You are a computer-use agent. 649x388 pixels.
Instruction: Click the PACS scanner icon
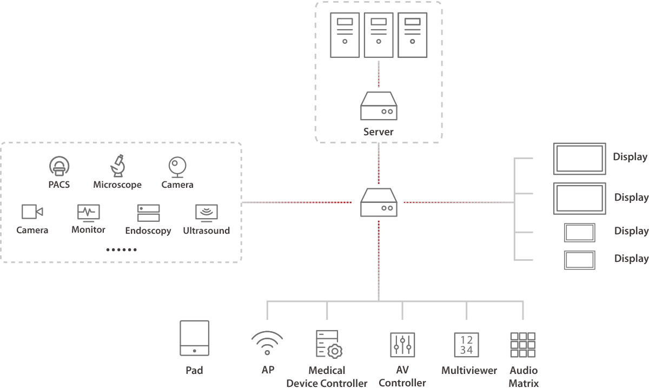point(59,166)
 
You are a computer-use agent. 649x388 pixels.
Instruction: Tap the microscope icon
point(118,166)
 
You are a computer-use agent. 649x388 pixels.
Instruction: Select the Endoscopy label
point(148,231)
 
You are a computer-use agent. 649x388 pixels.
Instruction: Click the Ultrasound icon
point(206,213)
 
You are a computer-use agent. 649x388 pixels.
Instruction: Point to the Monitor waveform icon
point(88,213)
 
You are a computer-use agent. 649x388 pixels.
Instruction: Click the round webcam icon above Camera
point(177,166)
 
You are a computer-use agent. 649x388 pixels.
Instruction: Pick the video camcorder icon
point(32,212)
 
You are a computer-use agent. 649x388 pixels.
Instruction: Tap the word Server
point(378,131)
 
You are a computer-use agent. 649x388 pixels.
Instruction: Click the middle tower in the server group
point(378,36)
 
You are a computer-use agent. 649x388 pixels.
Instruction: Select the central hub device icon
point(378,202)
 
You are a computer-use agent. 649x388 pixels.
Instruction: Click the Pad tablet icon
point(194,338)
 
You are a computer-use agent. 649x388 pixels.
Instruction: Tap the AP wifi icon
point(267,343)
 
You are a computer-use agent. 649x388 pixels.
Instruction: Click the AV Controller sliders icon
point(402,345)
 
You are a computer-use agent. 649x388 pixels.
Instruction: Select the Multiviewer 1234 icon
point(466,344)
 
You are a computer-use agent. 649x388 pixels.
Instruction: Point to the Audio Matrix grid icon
point(522,345)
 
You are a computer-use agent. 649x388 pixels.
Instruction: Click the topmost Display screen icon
point(579,159)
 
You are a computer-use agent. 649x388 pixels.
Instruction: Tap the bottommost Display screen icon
point(580,260)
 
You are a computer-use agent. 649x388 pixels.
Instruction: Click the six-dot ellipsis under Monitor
point(121,250)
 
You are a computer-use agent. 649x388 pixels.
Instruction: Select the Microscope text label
point(117,185)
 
